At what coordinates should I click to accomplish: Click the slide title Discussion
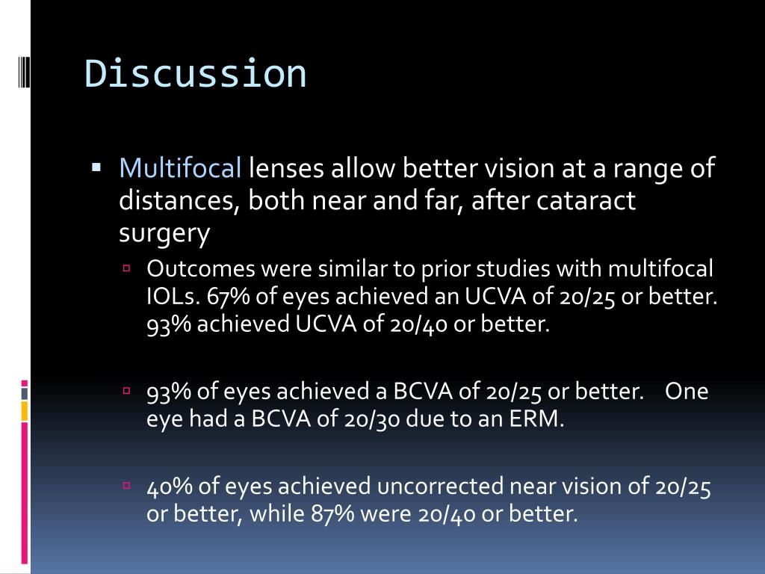click(x=195, y=74)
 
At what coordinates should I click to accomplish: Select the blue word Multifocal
click(x=180, y=169)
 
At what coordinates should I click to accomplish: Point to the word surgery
click(x=164, y=234)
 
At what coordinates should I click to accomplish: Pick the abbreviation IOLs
click(x=173, y=297)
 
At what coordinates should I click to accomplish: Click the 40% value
click(x=170, y=487)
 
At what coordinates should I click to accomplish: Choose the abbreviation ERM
click(x=536, y=419)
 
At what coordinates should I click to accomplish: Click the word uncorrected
click(x=441, y=487)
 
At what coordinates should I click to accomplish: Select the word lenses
click(x=287, y=169)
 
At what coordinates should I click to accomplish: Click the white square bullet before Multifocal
click(x=96, y=167)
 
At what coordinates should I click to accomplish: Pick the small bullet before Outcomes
click(x=127, y=267)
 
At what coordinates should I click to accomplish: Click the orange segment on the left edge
click(x=25, y=410)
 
